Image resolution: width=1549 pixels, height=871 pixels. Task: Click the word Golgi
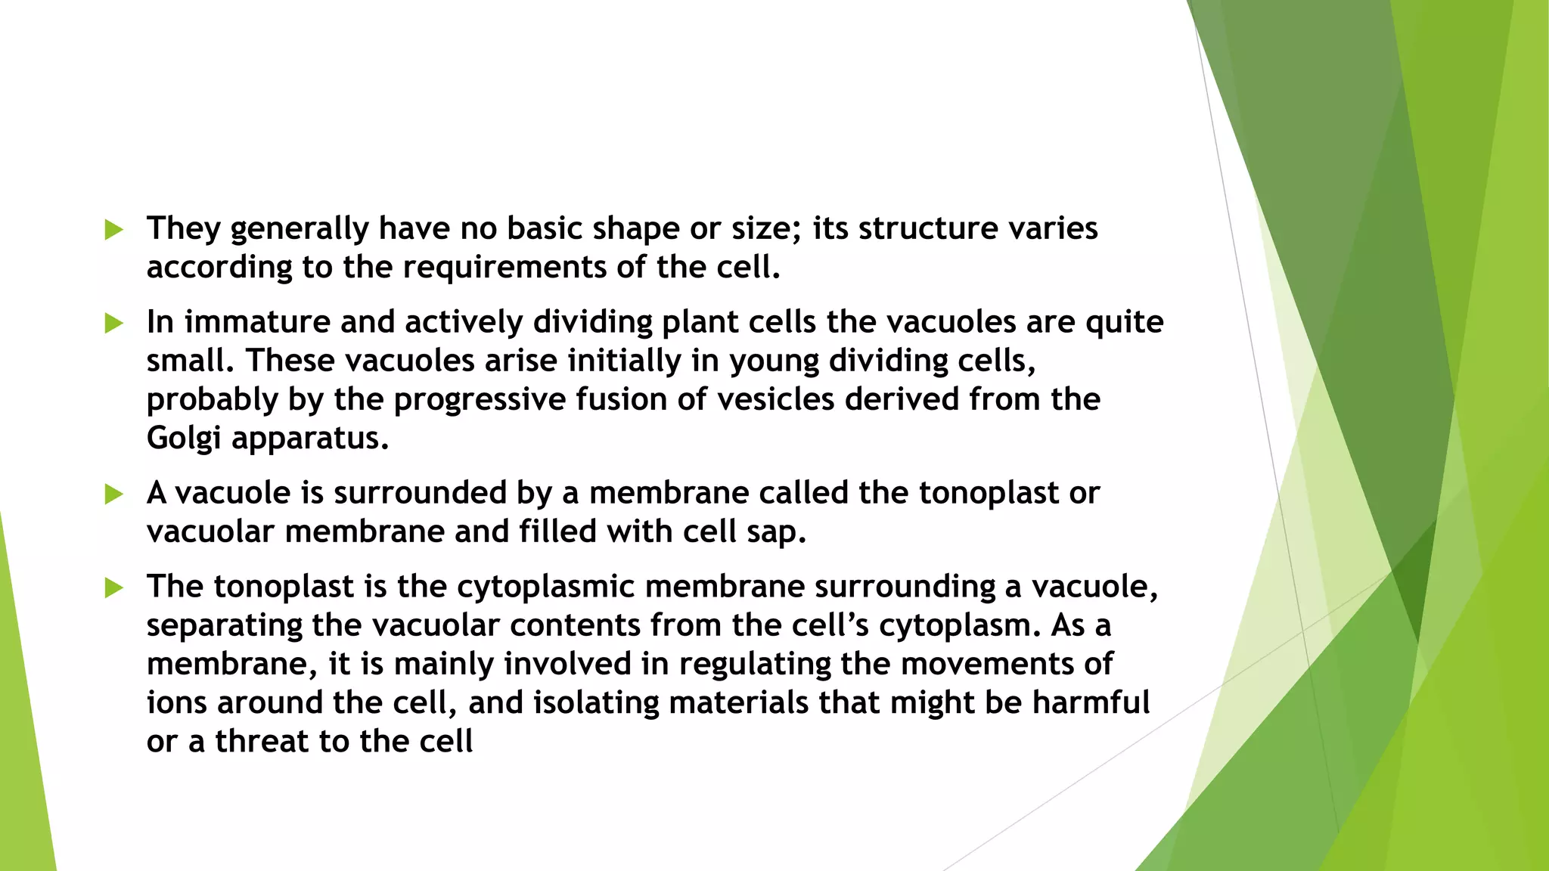tap(184, 439)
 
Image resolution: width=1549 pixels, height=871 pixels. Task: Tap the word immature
tap(257, 322)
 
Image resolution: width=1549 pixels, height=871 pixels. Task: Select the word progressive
tap(480, 400)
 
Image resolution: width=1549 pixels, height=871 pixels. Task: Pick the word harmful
tap(1091, 702)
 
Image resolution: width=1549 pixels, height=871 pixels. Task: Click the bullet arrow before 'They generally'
tap(113, 230)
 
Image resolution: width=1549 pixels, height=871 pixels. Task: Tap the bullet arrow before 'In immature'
tap(113, 324)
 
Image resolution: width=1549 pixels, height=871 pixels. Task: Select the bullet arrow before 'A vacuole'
tap(113, 494)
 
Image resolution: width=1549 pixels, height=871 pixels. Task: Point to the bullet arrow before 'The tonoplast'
tap(113, 587)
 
